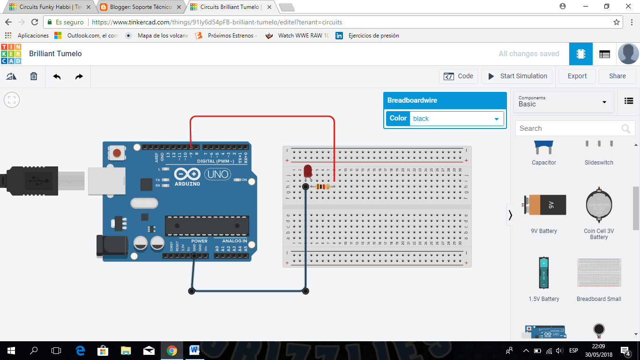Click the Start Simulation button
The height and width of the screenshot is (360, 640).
[x=517, y=76]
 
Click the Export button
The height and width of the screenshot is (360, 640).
[x=577, y=76]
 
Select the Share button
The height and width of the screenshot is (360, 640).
[x=617, y=76]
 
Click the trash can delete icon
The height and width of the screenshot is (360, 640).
[x=34, y=76]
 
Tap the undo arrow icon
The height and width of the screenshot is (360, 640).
[x=57, y=76]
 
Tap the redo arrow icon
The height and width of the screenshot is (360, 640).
[x=79, y=76]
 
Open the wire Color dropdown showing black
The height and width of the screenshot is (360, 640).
[x=456, y=119]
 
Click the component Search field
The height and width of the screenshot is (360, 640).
[x=569, y=128]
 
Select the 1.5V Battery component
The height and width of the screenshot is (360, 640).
[x=543, y=273]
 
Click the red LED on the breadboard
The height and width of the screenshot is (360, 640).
[x=308, y=171]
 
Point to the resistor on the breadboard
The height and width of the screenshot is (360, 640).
[x=323, y=187]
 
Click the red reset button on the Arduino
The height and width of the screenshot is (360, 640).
[x=117, y=153]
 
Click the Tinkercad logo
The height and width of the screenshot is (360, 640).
[x=11, y=54]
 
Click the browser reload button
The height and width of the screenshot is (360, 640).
[x=35, y=22]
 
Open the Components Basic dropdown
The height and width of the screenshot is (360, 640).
[x=564, y=101]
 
